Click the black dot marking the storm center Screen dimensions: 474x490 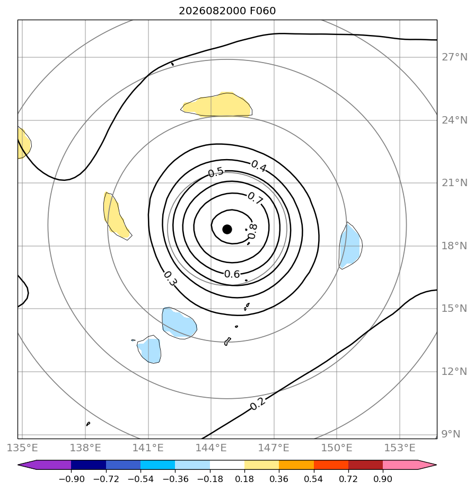click(227, 229)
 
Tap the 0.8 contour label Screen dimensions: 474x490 click(252, 232)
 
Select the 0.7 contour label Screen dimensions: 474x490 click(255, 198)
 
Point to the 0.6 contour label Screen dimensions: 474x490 click(232, 274)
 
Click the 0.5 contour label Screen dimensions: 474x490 click(216, 172)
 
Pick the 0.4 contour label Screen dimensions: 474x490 click(259, 166)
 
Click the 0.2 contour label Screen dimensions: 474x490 click(258, 404)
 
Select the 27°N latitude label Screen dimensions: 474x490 click(454, 57)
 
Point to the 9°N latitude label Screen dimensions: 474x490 click(451, 434)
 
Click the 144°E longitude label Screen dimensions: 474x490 click(211, 448)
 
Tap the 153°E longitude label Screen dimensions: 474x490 click(400, 448)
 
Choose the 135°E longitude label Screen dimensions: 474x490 click(22, 448)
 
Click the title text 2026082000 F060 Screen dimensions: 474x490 click(227, 11)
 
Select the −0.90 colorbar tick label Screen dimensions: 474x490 click(72, 479)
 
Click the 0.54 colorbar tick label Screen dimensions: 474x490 click(314, 479)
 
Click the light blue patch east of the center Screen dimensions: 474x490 click(350, 246)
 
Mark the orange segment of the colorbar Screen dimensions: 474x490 click(296, 465)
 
